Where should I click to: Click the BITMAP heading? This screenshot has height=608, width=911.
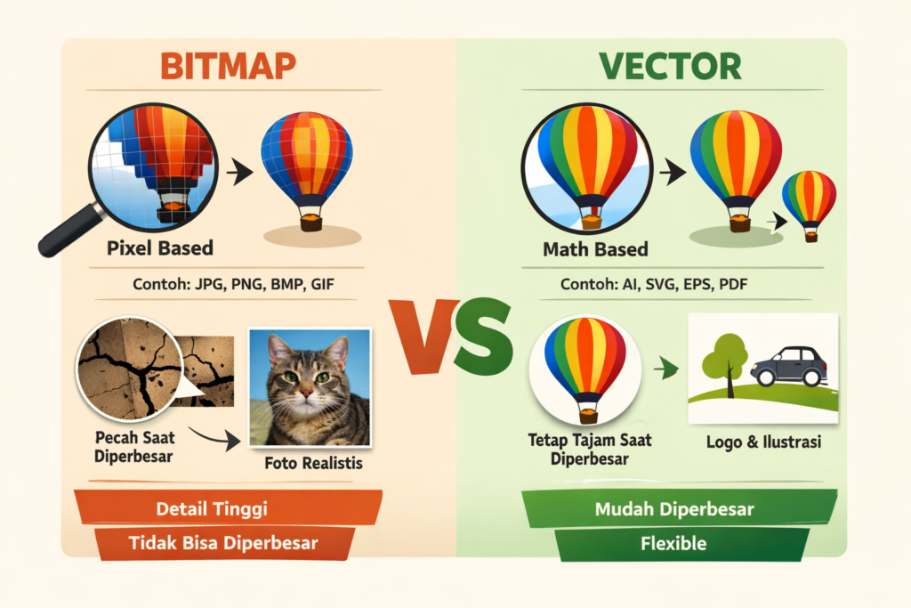point(228,66)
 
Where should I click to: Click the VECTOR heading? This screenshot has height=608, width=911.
point(670,66)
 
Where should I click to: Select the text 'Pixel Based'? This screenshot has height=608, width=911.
point(160,248)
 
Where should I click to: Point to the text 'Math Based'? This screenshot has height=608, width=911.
point(595,249)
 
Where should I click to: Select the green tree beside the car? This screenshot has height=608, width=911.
point(723,363)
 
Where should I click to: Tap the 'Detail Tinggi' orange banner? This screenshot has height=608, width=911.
point(229,508)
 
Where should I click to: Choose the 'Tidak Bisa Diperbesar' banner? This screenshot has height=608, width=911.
point(224,544)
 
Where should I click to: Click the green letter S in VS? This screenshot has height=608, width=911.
point(484,336)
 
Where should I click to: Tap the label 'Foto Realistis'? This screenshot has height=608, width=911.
point(313,463)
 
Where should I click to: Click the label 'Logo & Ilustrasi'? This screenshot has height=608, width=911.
point(763,442)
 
